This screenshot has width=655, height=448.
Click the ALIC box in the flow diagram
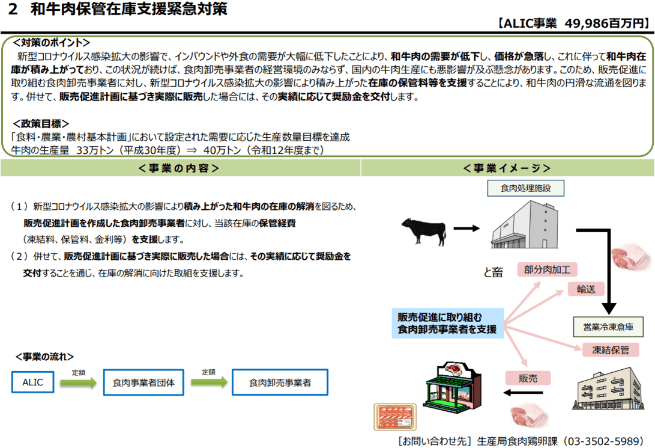[x=32, y=382]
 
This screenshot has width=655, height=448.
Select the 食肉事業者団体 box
[x=143, y=382]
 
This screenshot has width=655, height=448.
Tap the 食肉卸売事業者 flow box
[x=280, y=382]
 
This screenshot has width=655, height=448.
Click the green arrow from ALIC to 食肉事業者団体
[x=79, y=382]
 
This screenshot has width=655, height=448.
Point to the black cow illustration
[x=424, y=230]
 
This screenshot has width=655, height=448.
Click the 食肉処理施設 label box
[x=525, y=188]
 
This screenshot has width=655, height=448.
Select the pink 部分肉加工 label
[x=547, y=270]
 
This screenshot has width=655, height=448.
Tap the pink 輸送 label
[x=585, y=289]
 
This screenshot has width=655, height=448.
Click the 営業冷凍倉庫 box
[x=608, y=327]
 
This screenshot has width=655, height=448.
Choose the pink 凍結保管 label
[x=611, y=350]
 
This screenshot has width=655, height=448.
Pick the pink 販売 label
[x=528, y=378]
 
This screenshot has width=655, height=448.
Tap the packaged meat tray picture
[x=395, y=417]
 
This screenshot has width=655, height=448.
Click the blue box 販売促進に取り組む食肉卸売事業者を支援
[x=448, y=324]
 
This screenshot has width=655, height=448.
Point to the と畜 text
[x=493, y=272]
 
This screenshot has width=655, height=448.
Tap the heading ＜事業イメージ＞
[x=507, y=168]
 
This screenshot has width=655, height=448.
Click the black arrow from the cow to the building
[x=466, y=229]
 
